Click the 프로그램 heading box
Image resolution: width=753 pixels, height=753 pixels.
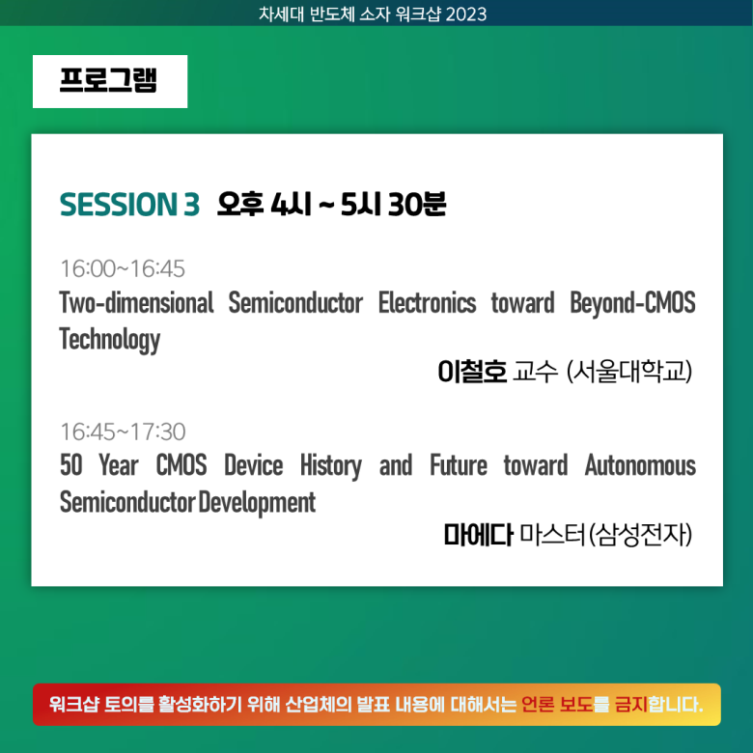(x=110, y=81)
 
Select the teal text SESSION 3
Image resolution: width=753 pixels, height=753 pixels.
(x=129, y=205)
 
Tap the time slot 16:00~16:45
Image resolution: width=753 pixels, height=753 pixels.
(x=123, y=268)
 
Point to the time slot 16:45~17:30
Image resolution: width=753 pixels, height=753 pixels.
(x=123, y=432)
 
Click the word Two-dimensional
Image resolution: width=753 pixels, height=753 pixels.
(x=136, y=302)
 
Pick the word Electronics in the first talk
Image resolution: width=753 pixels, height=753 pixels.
(x=427, y=302)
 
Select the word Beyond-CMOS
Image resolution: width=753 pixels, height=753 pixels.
(x=632, y=302)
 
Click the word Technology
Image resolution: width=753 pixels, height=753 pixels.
(x=109, y=340)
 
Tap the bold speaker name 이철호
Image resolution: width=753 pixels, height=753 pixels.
(x=472, y=372)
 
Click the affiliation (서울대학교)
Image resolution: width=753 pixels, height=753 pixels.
(x=629, y=372)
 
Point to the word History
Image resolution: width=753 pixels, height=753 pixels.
(x=331, y=466)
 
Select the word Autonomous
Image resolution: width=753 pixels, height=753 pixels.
(x=640, y=465)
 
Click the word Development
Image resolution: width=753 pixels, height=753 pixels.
(x=257, y=503)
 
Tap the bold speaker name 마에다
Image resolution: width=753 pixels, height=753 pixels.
(x=478, y=535)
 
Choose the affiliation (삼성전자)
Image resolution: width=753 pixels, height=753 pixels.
(x=640, y=535)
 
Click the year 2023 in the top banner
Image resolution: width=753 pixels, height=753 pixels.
(x=466, y=14)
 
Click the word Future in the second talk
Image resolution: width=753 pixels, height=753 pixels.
(x=459, y=465)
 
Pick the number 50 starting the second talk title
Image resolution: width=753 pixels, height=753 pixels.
(x=71, y=465)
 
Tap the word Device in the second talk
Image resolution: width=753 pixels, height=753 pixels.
(x=254, y=465)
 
